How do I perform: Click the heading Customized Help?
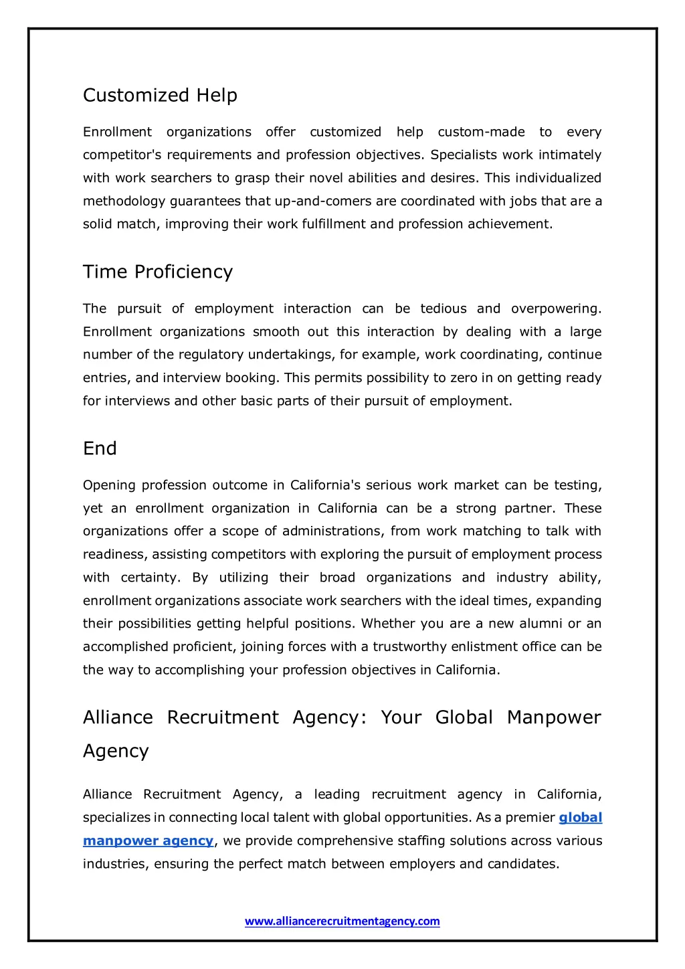[x=160, y=96]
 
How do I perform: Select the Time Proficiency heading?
[x=158, y=272]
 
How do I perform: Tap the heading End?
[x=100, y=448]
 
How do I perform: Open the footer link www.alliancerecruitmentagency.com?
[x=342, y=921]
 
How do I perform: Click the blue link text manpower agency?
[x=148, y=841]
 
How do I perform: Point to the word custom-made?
[x=481, y=133]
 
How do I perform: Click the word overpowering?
[x=556, y=309]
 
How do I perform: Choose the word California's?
[x=326, y=485]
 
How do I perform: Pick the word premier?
[x=530, y=818]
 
